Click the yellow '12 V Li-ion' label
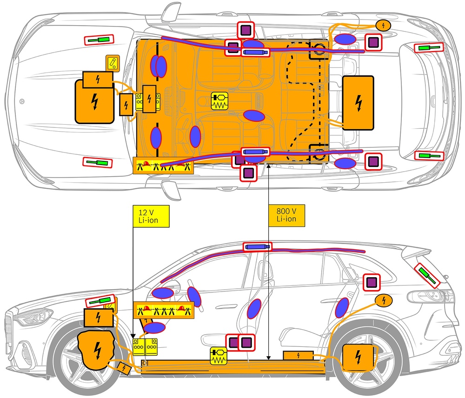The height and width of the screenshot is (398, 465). pyautogui.click(x=151, y=216)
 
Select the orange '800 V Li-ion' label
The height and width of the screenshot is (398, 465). pyautogui.click(x=286, y=215)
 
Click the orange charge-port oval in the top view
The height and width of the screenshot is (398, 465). pyautogui.click(x=384, y=26)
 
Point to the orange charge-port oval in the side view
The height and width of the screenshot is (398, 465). pyautogui.click(x=384, y=300)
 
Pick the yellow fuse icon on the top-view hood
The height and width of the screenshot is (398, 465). pyautogui.click(x=113, y=63)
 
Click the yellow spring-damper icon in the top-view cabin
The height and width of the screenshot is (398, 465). pyautogui.click(x=220, y=101)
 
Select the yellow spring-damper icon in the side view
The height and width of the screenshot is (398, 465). pyautogui.click(x=218, y=356)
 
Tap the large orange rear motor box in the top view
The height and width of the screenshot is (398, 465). pyautogui.click(x=358, y=103)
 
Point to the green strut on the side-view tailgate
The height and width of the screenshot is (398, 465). pyautogui.click(x=427, y=276)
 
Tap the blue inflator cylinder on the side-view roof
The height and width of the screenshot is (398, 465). pyautogui.click(x=257, y=247)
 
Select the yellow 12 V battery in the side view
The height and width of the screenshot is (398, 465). pyautogui.click(x=145, y=347)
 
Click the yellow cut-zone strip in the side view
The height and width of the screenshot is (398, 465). pyautogui.click(x=163, y=310)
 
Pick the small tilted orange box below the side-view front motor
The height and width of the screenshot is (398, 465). pyautogui.click(x=124, y=368)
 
